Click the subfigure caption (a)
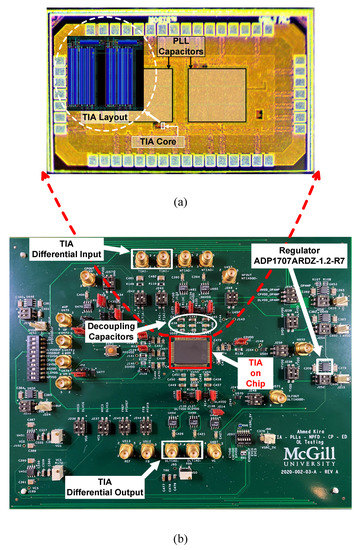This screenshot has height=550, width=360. point(179,201)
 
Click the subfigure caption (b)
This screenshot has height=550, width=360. point(179,540)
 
